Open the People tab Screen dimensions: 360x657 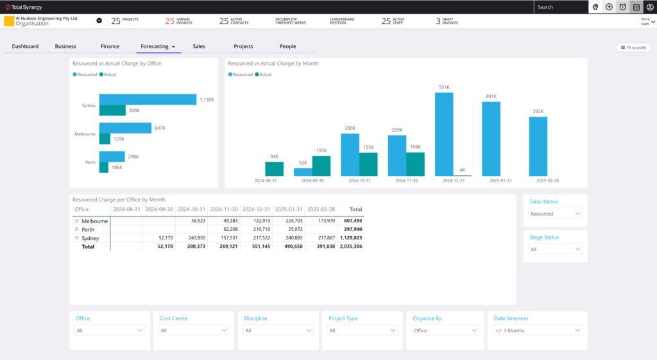pyautogui.click(x=287, y=46)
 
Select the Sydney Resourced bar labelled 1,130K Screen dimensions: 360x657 pyautogui.click(x=148, y=99)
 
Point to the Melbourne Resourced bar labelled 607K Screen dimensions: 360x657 pyautogui.click(x=125, y=128)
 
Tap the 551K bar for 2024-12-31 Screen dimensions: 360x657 pyautogui.click(x=444, y=134)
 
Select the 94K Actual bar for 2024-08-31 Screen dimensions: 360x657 pyautogui.click(x=274, y=169)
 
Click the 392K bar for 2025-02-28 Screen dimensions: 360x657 pyautogui.click(x=538, y=146)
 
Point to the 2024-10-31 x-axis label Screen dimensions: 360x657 pyautogui.click(x=359, y=181)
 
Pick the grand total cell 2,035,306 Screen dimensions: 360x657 pyautogui.click(x=351, y=246)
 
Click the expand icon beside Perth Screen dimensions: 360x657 pyautogui.click(x=76, y=229)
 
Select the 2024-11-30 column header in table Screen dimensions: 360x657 pyautogui.click(x=224, y=209)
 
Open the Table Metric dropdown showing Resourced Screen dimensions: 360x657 pyautogui.click(x=555, y=214)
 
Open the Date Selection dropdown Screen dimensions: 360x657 pyautogui.click(x=538, y=330)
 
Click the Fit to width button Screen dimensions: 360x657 pyautogui.click(x=633, y=47)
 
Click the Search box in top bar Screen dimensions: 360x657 pyautogui.click(x=560, y=7)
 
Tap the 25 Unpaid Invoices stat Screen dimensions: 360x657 pyautogui.click(x=179, y=21)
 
